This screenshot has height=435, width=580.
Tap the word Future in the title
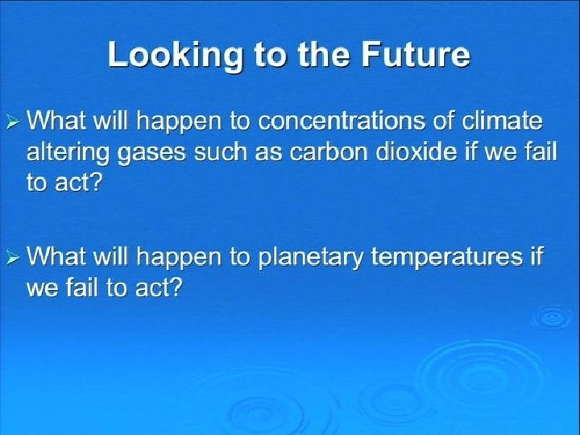click(x=416, y=54)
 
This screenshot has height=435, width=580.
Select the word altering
click(x=68, y=154)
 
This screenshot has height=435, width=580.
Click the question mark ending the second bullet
click(x=176, y=287)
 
